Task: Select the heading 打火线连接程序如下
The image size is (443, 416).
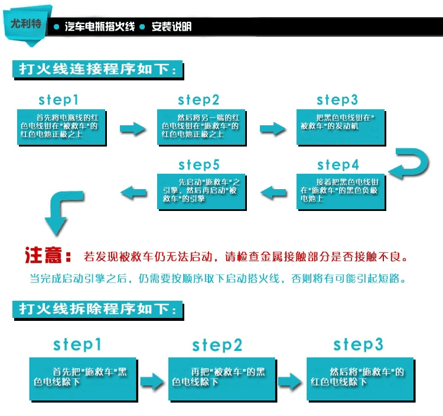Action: click(x=97, y=69)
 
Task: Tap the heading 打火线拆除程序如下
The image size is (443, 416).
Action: click(x=97, y=310)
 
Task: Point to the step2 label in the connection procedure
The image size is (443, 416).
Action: click(x=198, y=100)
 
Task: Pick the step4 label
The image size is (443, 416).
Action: click(x=338, y=164)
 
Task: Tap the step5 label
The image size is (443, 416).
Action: click(x=199, y=164)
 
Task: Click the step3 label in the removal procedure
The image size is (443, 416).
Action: click(x=358, y=344)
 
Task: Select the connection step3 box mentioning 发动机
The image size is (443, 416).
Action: click(x=341, y=126)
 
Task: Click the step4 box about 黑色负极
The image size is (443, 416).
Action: click(x=341, y=190)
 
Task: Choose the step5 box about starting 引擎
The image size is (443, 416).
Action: click(x=201, y=190)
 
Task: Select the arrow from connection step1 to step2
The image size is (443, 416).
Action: click(x=132, y=128)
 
